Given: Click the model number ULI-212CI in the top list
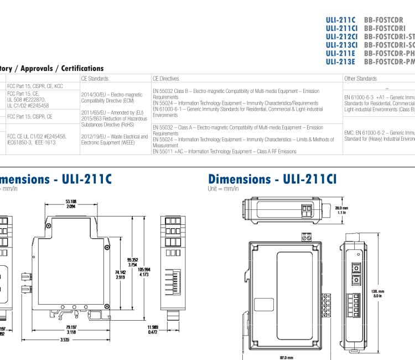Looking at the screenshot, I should pos(341,37).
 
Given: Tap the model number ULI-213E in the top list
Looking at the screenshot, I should pos(340,62).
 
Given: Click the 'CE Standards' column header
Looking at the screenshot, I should pos(95,79).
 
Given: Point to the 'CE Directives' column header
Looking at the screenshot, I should pos(166,79).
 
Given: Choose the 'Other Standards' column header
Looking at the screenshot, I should pos(360,79).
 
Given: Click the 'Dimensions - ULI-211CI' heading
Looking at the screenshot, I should pos(272,179).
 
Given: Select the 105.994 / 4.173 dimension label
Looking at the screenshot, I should pos(144,271).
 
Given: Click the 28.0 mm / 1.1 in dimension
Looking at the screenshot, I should pos(342,209).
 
